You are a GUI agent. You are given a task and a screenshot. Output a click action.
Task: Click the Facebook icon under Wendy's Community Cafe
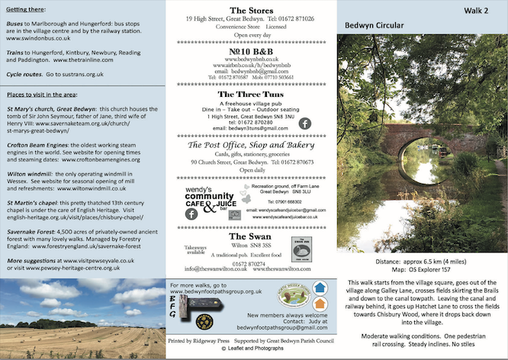(191, 215)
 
